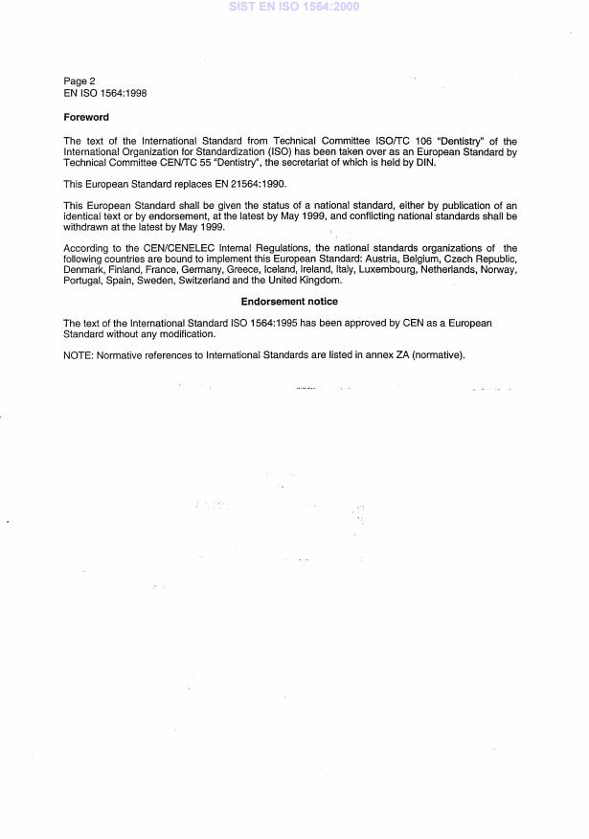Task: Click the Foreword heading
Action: point(86,117)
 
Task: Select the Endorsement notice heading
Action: point(289,302)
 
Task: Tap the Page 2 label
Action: point(79,81)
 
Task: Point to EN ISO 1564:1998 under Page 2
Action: point(104,93)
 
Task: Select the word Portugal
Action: point(82,281)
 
